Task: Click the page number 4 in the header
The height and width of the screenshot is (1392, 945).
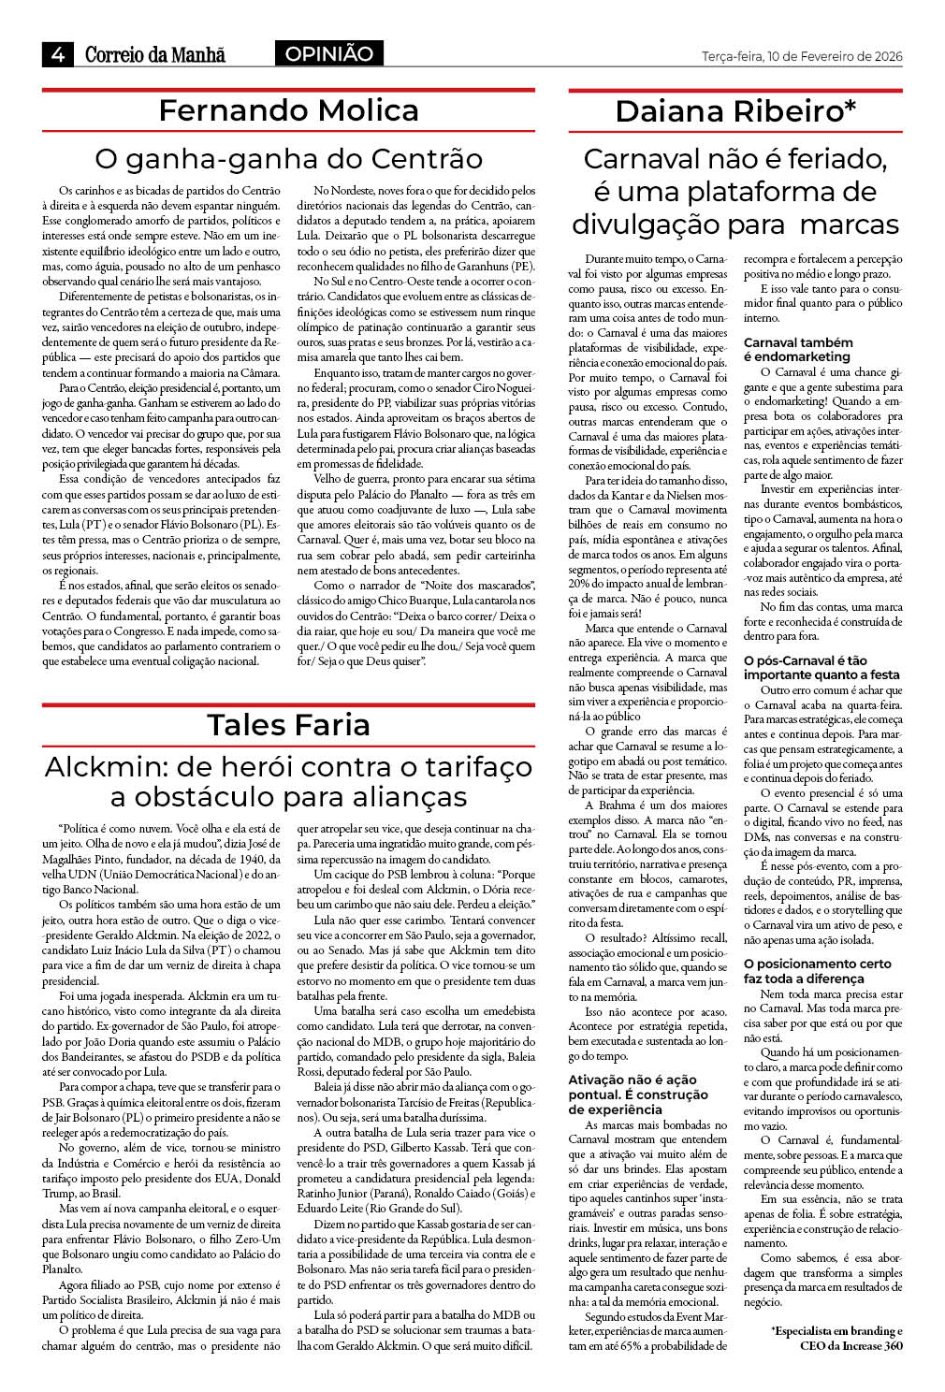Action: coord(57,55)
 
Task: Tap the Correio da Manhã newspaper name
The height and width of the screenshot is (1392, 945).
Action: coord(155,55)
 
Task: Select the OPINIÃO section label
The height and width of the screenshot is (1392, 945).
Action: coord(328,54)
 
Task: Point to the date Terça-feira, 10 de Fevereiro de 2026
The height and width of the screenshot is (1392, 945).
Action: coord(802,56)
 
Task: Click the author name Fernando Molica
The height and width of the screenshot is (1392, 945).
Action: coord(288,110)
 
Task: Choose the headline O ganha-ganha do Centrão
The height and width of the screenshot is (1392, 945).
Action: coord(288,157)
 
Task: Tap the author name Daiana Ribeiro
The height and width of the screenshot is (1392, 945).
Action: coord(729,111)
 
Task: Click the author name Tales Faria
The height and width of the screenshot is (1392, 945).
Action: coord(288,724)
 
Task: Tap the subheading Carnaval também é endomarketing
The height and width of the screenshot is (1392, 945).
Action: coord(798,349)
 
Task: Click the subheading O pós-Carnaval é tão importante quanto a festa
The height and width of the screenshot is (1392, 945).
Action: coord(821,667)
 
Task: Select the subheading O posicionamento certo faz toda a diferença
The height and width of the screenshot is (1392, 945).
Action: coord(817,970)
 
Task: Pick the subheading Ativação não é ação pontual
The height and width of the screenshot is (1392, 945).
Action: coord(638,1094)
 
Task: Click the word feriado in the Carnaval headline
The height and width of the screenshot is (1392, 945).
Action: coord(828,159)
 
